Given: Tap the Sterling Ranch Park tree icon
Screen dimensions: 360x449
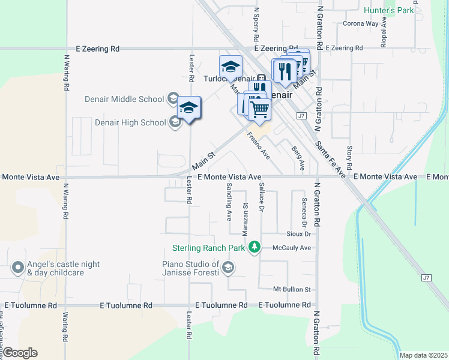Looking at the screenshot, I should [255, 247].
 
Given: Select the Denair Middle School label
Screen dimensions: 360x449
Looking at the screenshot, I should [133, 99].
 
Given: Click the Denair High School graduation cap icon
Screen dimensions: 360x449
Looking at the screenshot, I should [175, 122].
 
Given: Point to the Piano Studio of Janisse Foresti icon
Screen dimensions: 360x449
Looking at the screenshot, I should [228, 268].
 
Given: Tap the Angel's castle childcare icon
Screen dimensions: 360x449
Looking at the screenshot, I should [18, 268].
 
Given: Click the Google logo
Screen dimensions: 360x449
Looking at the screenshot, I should [19, 353].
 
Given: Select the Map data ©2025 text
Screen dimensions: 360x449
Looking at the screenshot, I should [424, 355].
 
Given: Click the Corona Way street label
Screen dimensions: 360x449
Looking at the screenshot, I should [361, 24].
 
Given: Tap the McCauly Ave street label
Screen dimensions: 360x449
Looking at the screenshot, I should [292, 248].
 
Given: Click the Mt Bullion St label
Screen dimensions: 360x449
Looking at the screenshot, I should [292, 289].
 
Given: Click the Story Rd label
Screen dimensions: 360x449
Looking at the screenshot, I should [349, 157].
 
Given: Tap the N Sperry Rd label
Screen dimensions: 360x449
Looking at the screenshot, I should [256, 19].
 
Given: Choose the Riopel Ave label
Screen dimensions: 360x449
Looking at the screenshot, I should [383, 36].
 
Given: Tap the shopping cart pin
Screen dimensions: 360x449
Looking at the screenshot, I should [259, 109].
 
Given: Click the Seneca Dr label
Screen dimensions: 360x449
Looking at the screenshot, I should [305, 208].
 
